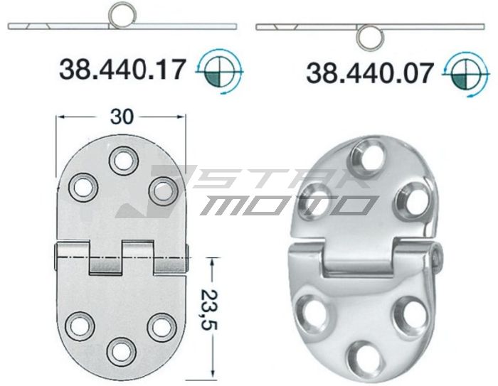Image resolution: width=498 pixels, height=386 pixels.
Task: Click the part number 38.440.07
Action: [370, 72]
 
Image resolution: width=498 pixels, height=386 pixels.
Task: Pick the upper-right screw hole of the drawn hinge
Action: [162, 189]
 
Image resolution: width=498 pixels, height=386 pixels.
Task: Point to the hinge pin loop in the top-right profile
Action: [369, 37]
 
